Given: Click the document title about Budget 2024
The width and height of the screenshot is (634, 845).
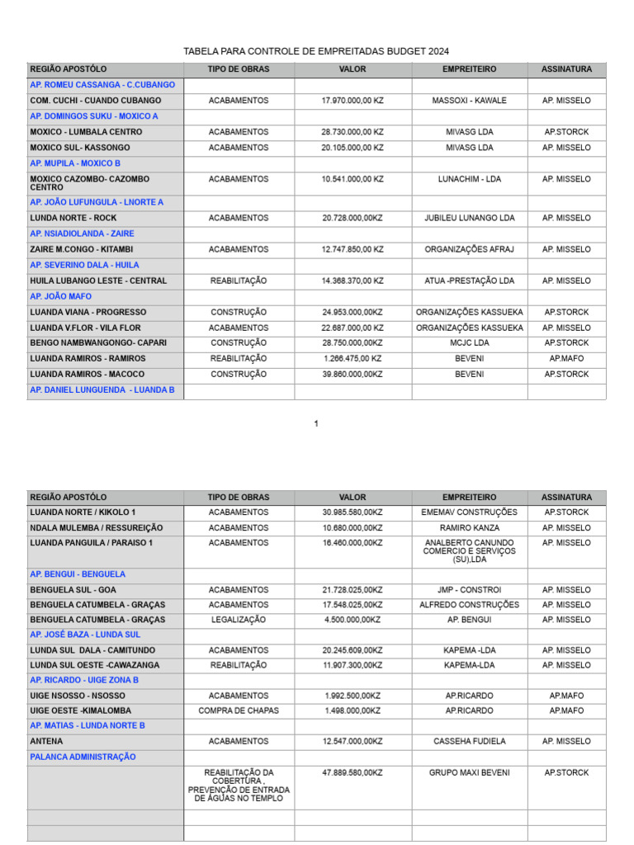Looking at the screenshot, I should [316, 51].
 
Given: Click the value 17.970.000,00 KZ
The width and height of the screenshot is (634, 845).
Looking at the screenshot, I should [352, 101].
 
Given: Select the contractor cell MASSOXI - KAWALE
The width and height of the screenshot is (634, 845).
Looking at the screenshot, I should [469, 101].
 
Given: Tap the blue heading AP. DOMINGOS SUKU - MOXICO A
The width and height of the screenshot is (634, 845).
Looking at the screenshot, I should [94, 116].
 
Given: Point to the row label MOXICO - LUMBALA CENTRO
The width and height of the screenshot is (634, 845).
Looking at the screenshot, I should [86, 132].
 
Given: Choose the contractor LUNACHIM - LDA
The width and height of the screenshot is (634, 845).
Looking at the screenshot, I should [469, 179].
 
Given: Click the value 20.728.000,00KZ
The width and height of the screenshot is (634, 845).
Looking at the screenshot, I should [352, 219].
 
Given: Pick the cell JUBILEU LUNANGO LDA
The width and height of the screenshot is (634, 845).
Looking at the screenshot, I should [469, 219].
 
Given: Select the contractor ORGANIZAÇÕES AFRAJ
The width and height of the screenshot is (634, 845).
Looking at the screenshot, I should [469, 249].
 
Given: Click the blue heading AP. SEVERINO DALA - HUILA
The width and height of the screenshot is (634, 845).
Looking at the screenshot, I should [84, 265].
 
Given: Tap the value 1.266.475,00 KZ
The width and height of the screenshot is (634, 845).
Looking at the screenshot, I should [352, 359].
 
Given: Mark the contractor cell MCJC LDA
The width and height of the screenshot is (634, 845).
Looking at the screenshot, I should [469, 343].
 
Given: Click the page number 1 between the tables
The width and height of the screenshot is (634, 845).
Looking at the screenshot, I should [316, 424].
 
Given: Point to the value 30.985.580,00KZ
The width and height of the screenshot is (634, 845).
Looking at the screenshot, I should [352, 512].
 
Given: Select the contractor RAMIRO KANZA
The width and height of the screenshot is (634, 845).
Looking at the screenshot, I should [469, 528].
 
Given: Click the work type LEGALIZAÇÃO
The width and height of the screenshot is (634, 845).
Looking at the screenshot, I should [239, 620].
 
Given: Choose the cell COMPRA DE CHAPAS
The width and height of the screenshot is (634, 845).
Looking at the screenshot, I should [239, 710].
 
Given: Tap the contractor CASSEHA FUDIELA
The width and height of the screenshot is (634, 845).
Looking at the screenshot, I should [469, 742].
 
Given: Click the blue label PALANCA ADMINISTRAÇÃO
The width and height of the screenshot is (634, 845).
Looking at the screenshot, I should [83, 757].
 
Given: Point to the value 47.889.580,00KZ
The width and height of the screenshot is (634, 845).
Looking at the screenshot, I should [352, 773].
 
